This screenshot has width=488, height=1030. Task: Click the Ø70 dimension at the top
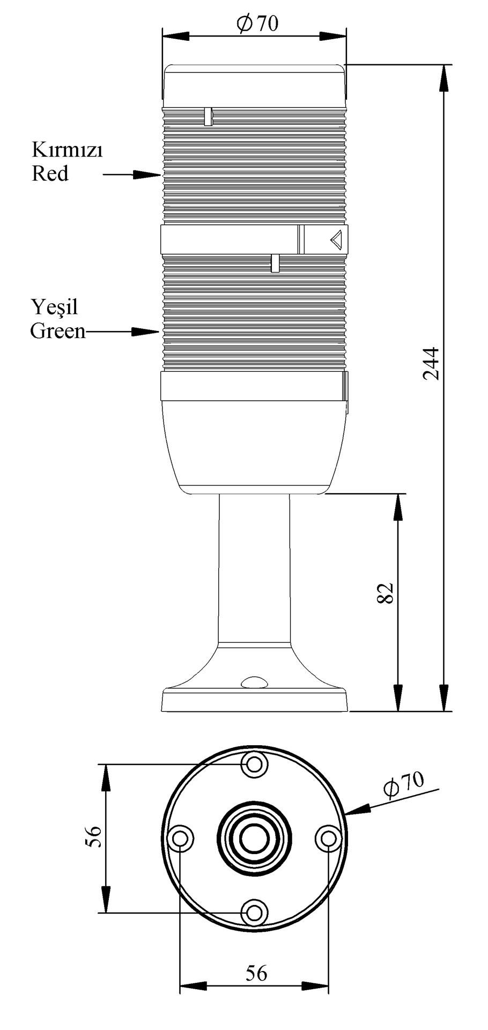[x=257, y=24]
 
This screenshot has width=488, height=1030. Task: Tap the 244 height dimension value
[x=431, y=363]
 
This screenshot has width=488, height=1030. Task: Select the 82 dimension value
[x=386, y=592]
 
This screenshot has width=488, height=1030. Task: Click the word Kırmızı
[x=67, y=150]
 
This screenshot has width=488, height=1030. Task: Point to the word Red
[x=50, y=174]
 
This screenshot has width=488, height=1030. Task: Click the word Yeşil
[x=54, y=307]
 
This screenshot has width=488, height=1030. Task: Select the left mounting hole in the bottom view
[x=181, y=838]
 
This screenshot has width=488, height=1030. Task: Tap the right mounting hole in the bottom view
[x=327, y=838]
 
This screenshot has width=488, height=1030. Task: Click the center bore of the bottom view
[x=254, y=838]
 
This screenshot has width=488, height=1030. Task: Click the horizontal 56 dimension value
[x=256, y=972]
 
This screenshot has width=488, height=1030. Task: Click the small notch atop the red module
[x=209, y=116]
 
